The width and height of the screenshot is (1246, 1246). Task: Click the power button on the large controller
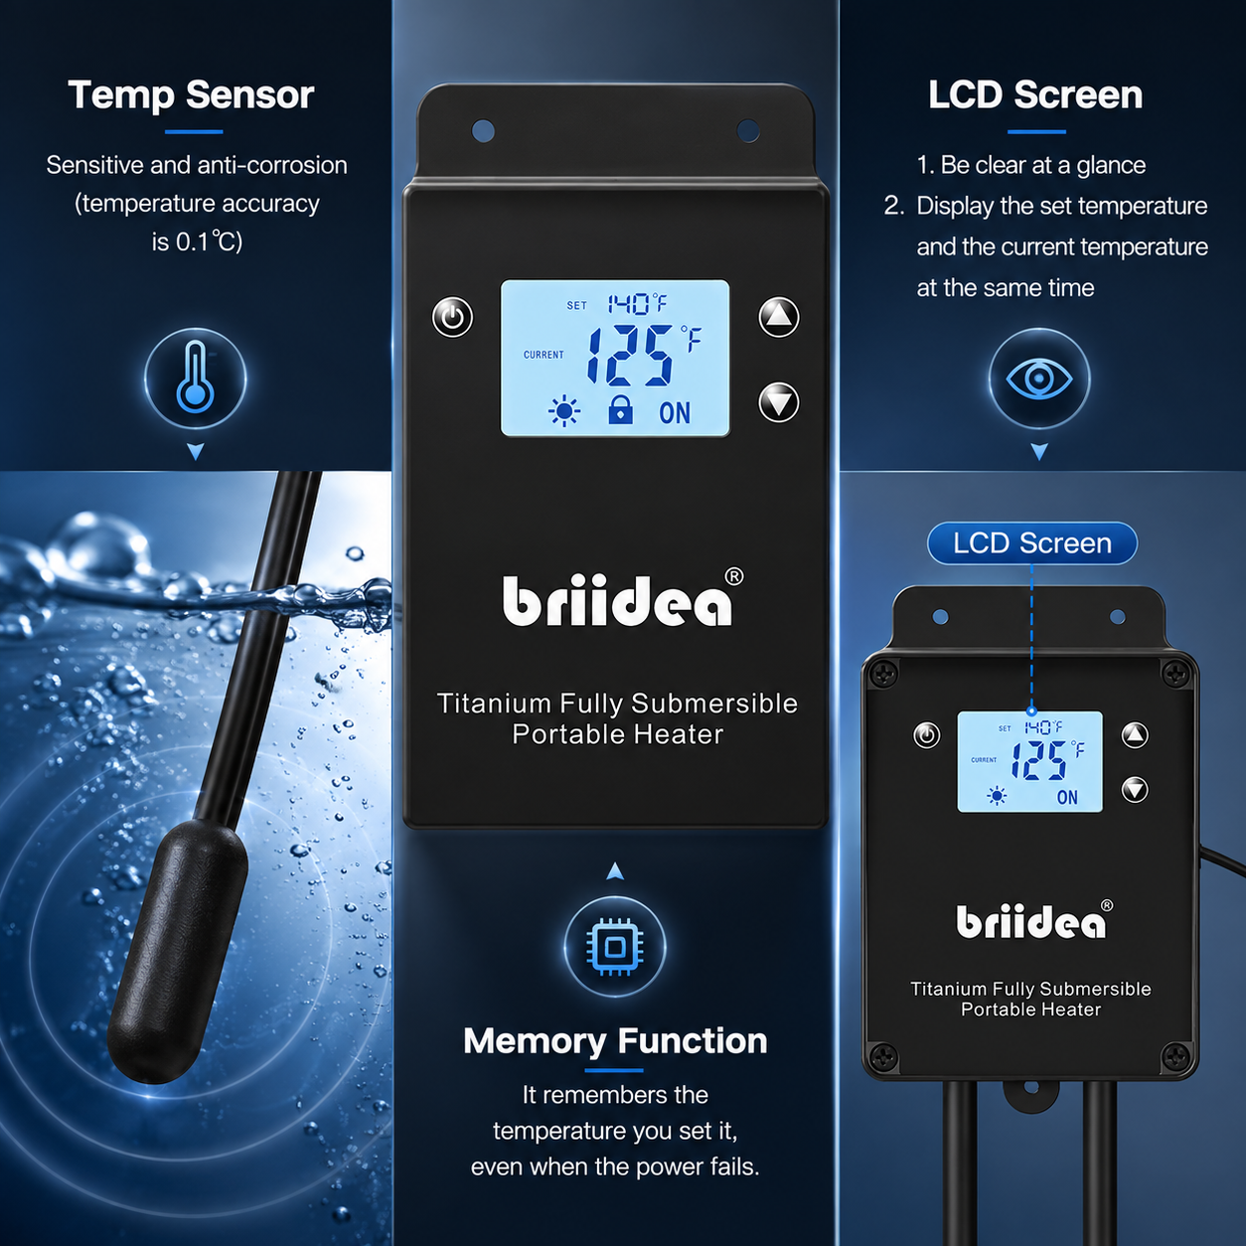pos(453,317)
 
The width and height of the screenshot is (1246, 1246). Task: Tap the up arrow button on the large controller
pos(779,317)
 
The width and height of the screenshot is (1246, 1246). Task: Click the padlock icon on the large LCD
pos(621,409)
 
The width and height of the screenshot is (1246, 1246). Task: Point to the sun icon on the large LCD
pos(564,411)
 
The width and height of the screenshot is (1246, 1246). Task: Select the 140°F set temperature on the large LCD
pos(637,303)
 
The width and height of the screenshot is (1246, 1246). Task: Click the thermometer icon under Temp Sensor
pos(195,379)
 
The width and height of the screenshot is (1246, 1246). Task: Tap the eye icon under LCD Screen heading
pos(1039,379)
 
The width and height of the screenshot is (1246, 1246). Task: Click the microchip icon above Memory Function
pos(615,947)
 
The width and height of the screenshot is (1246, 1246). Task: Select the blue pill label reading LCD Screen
pos(1032,544)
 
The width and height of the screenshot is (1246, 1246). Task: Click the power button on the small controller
pos(927,735)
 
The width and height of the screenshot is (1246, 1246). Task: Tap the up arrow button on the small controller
pos(1135,735)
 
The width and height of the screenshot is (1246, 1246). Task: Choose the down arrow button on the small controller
pos(1135,790)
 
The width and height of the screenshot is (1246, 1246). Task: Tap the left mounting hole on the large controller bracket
pos(483,130)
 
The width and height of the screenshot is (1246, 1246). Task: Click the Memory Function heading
pos(615,1041)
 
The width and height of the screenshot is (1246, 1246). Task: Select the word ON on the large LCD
pos(675,413)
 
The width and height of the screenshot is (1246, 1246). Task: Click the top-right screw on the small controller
pos(1174,673)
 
